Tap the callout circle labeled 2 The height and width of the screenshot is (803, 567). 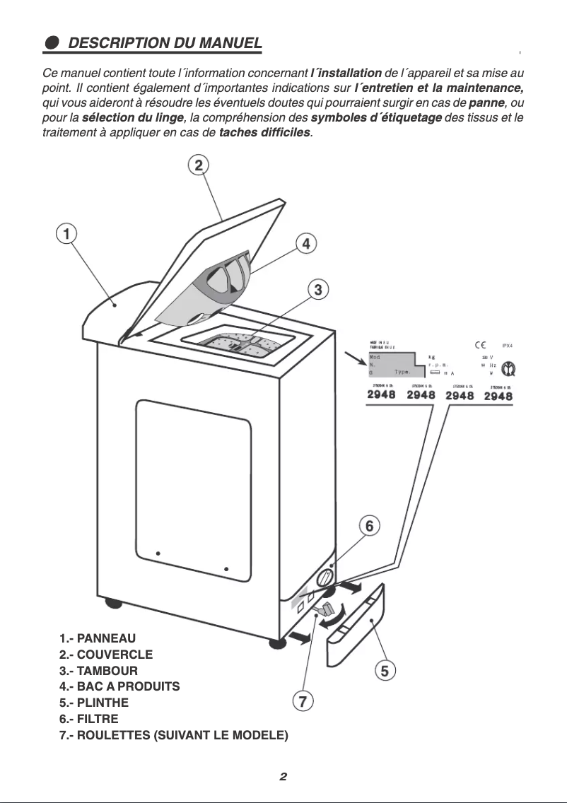[x=199, y=165]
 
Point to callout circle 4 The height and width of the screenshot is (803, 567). [x=305, y=244]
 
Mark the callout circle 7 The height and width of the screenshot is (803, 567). [x=302, y=701]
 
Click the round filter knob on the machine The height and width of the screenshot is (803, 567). [x=325, y=578]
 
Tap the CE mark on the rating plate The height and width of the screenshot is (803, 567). [x=479, y=345]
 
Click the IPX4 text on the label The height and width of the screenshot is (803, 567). [x=507, y=346]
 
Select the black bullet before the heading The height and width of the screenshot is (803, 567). [x=52, y=43]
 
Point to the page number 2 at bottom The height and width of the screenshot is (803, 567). [x=283, y=777]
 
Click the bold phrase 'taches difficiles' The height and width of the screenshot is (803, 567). [x=265, y=133]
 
